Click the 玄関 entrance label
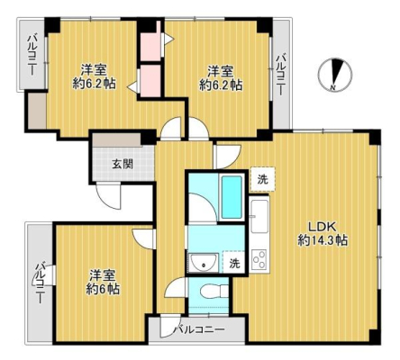coord(123,164)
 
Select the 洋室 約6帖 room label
coord(103,282)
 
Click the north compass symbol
coord(335,74)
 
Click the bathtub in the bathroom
coord(232,197)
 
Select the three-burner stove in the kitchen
coord(259,260)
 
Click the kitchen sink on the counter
coord(259,216)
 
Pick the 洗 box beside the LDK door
coord(263,179)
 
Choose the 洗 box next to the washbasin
coord(235,263)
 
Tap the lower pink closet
coord(150,81)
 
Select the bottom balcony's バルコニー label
coord(200,329)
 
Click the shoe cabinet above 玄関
coord(117,140)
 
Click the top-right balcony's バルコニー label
coord(281,74)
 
